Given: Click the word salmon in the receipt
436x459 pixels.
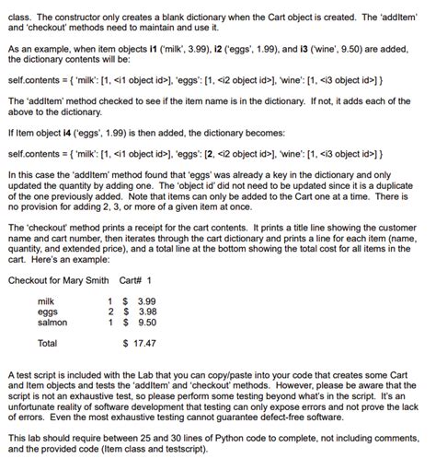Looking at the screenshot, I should point(50,323).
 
